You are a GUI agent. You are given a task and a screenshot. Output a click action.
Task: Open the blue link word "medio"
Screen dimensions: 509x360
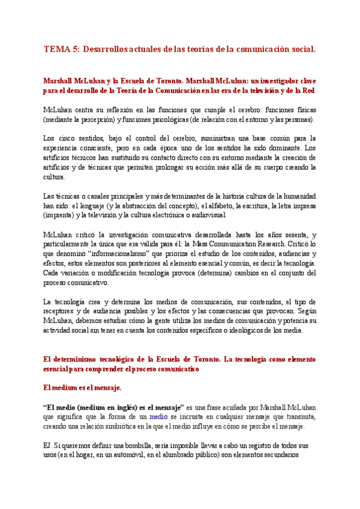159,417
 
